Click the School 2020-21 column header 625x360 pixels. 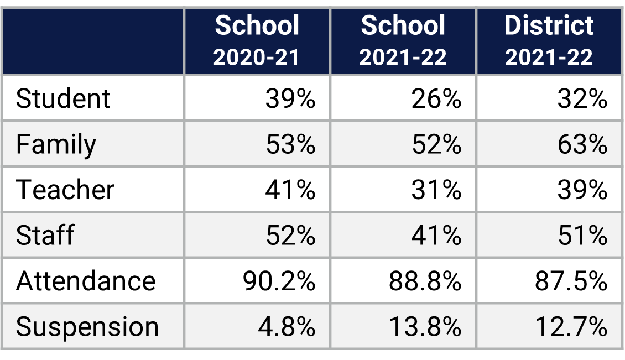257,41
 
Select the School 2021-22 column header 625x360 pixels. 403,41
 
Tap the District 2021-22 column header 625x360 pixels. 549,41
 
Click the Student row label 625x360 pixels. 63,99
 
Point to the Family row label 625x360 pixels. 56,145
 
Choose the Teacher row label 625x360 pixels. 65,190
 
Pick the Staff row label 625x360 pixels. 45,236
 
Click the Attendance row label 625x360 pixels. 86,281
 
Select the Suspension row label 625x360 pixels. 87,327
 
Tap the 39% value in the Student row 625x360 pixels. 290,99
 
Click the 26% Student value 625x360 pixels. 436,99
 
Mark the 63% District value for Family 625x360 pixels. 582,145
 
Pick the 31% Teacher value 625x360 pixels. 436,190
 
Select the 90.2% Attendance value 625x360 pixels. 279,281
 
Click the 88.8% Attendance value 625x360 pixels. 425,281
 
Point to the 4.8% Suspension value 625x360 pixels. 287,327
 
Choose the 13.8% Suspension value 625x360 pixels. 425,327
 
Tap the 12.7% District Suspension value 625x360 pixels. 571,327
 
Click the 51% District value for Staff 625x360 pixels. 582,236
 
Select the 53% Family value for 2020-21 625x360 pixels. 290,145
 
